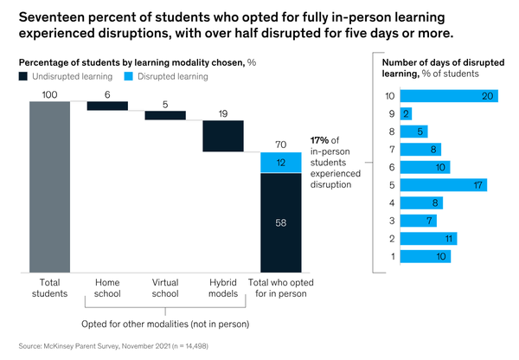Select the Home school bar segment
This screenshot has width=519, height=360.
click(107, 106)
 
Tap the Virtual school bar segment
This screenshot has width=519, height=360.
click(165, 115)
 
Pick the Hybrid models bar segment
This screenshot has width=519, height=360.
click(223, 136)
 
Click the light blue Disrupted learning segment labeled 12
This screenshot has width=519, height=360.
click(281, 163)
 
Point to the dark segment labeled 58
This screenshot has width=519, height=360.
click(281, 223)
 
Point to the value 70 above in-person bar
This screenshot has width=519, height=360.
click(281, 145)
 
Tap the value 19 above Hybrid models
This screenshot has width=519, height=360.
click(223, 112)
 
